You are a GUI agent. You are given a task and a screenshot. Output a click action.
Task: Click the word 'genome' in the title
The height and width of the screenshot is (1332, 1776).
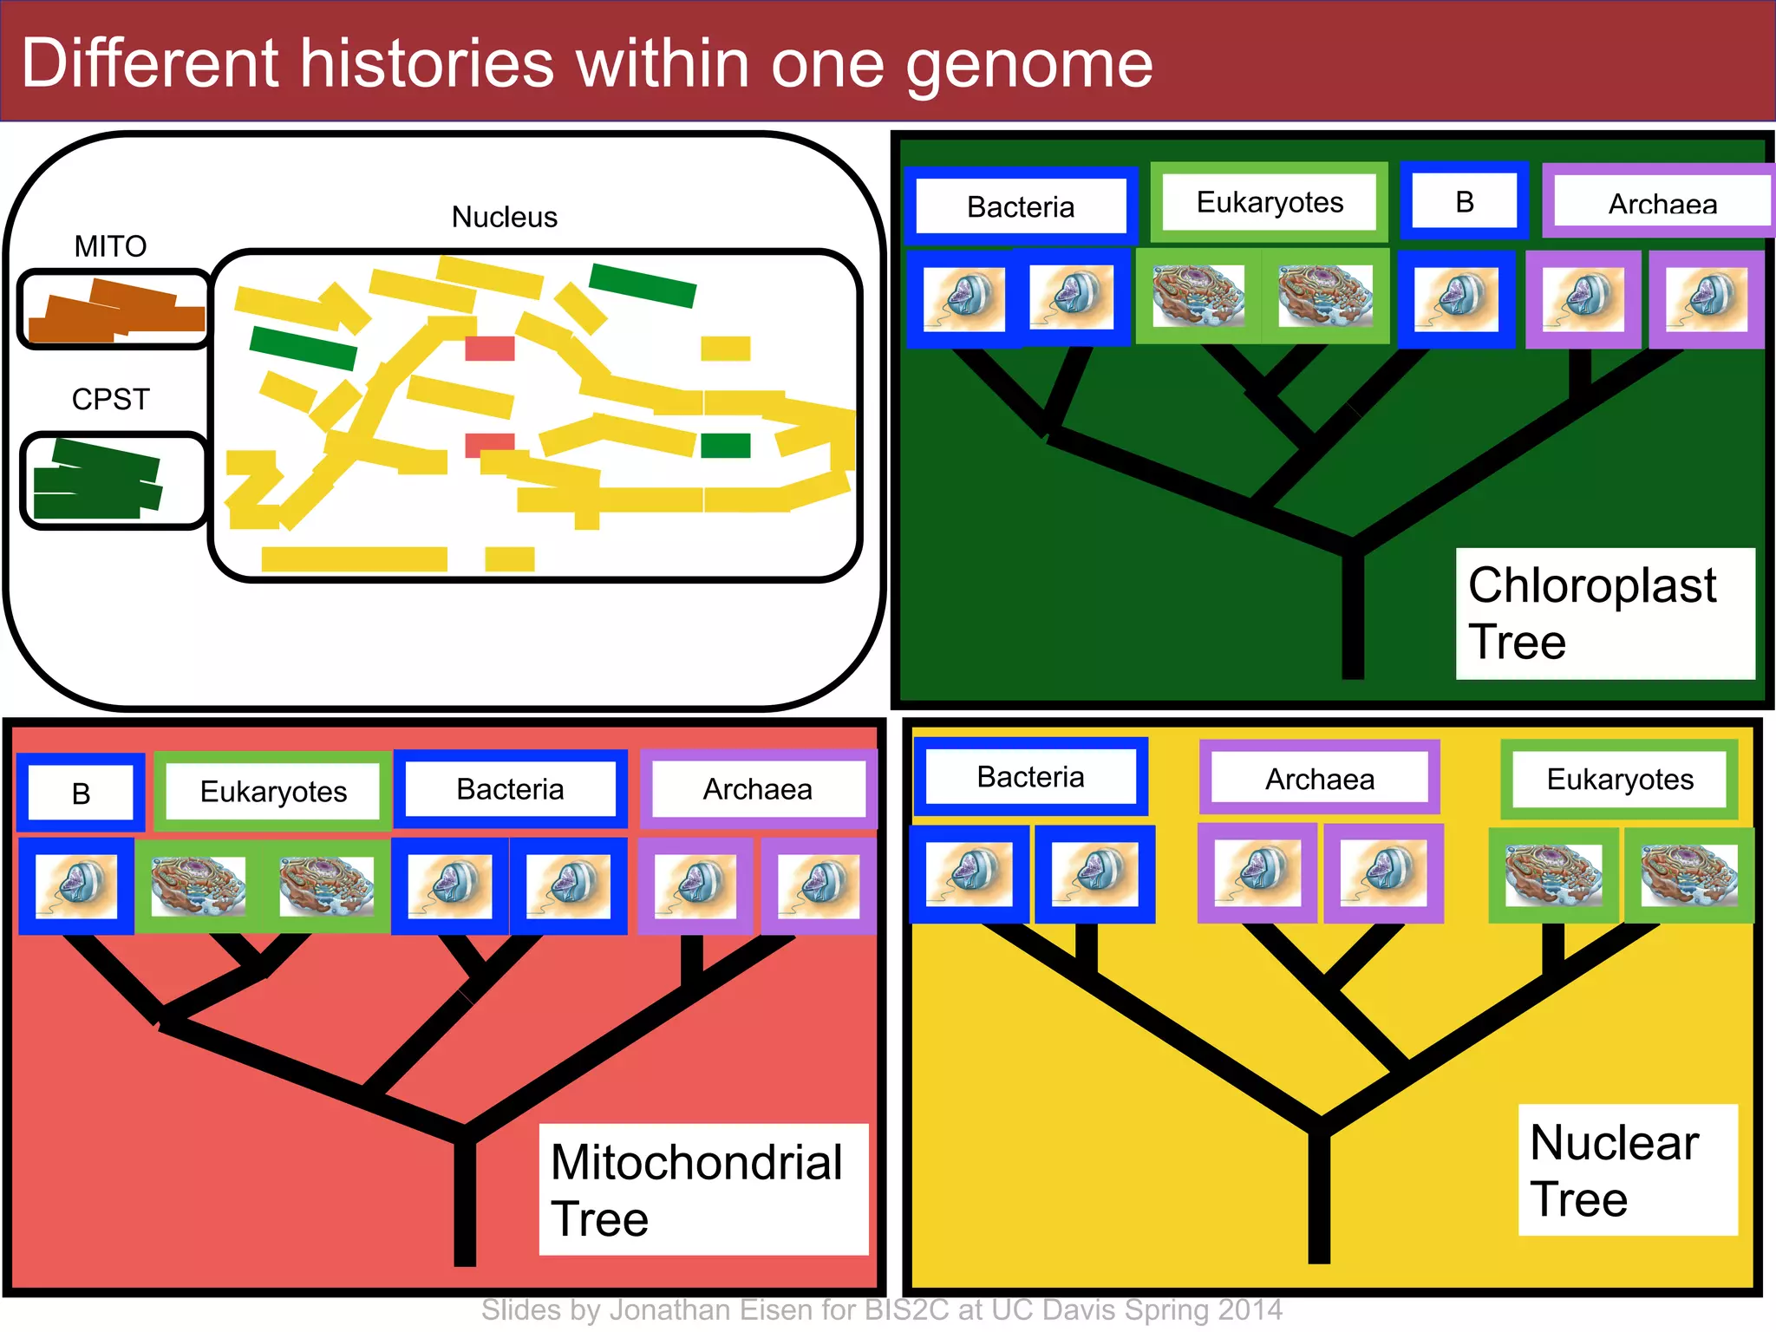coord(1030,66)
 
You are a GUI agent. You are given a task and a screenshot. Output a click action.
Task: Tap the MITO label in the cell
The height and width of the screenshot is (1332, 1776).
coord(110,246)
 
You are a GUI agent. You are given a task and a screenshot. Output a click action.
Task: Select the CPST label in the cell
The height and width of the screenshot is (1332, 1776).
coord(110,399)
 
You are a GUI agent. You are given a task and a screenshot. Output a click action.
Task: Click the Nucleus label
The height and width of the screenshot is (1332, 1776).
coord(504,217)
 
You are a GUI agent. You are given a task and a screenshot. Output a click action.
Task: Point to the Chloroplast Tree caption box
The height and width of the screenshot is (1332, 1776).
coord(1604,613)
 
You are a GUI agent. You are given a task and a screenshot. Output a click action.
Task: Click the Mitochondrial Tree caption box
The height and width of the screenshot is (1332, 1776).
coord(702,1189)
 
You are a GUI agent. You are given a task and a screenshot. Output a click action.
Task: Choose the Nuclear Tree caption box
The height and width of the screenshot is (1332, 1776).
coord(1627,1169)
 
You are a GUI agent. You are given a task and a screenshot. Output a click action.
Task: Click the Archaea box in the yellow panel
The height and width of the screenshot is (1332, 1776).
coord(1319,779)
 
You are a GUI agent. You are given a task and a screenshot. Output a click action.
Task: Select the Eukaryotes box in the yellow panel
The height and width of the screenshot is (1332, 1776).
coord(1619,779)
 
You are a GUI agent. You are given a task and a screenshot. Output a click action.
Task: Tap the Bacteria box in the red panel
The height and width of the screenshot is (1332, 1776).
coord(510,789)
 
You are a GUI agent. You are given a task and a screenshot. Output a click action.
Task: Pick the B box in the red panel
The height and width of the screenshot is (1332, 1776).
coord(81,793)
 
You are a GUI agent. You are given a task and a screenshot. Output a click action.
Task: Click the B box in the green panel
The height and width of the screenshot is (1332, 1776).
coord(1464,201)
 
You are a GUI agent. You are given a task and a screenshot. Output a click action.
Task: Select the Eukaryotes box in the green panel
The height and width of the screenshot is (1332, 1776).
coord(1269,202)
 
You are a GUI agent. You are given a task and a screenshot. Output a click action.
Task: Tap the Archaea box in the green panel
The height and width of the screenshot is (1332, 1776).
coord(1661,202)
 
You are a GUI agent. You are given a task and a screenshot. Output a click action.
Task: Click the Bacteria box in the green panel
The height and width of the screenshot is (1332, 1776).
coord(1020,206)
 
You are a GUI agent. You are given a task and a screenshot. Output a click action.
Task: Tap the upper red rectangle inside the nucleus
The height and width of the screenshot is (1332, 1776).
coord(490,349)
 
